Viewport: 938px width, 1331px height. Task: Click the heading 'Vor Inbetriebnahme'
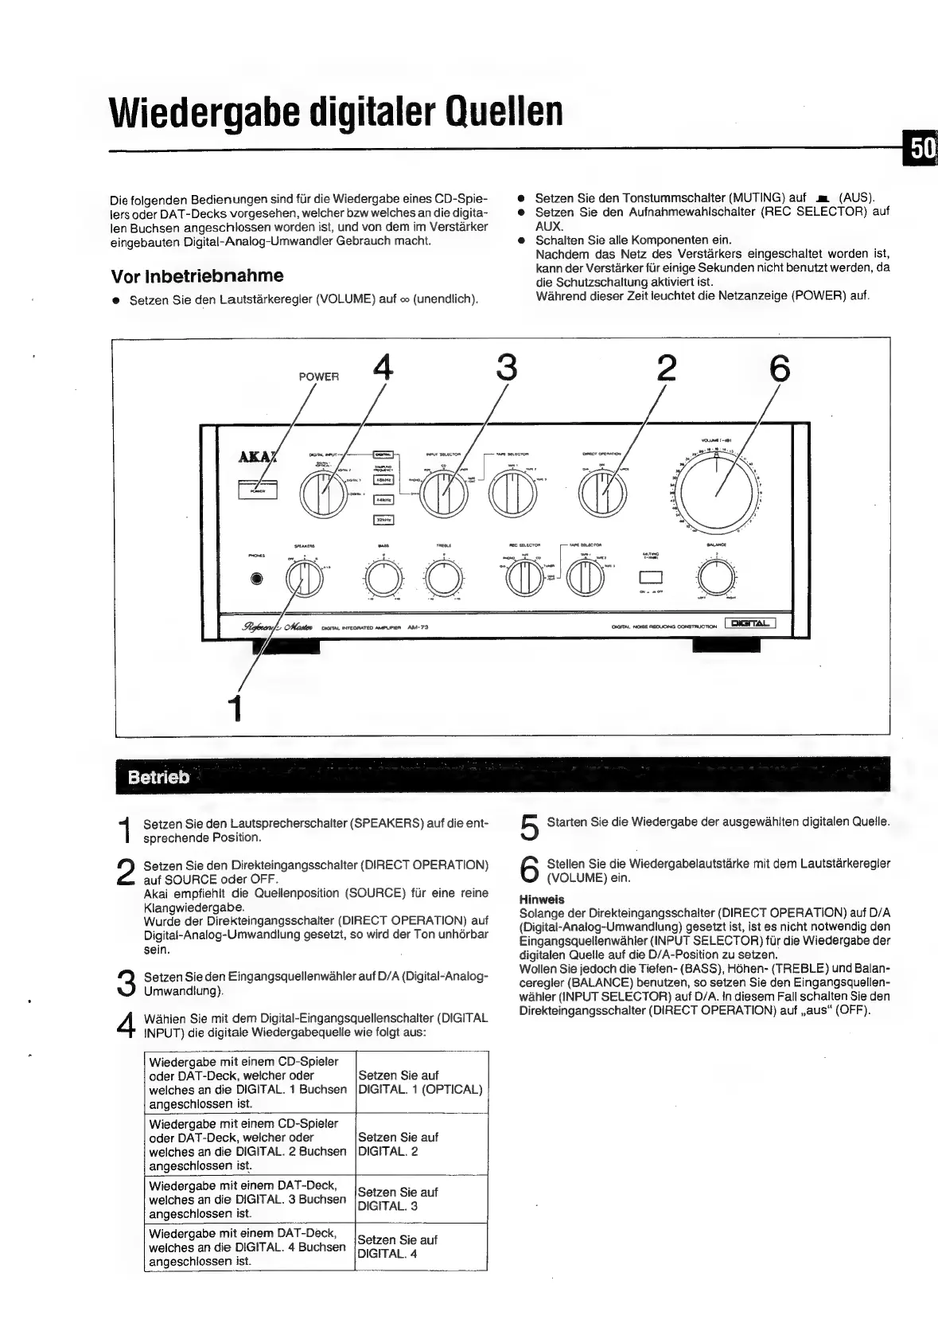pos(197,276)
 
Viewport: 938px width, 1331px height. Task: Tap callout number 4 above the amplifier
pos(383,369)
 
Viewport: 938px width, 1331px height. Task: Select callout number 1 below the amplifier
pos(234,707)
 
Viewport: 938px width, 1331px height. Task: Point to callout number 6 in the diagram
pos(780,369)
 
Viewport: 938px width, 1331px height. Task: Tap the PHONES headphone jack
pos(256,579)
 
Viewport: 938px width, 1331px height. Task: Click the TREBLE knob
pos(443,579)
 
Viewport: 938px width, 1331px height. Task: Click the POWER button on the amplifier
pos(257,490)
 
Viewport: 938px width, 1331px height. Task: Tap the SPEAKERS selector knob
pos(304,579)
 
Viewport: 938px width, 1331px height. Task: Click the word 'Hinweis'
pos(542,900)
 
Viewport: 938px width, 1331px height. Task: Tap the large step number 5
pos(529,828)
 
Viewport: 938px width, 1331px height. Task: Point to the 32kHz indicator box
pos(384,521)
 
